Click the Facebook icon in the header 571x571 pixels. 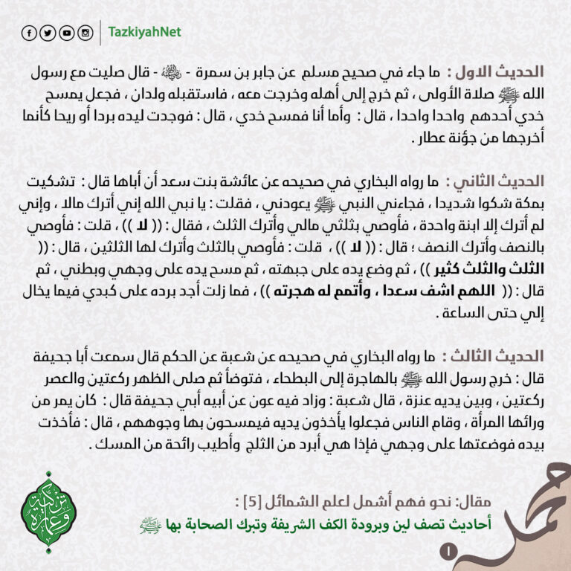coord(30,33)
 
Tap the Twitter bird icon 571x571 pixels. coord(48,33)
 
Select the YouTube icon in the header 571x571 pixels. coord(67,33)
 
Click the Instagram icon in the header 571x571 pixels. coord(86,33)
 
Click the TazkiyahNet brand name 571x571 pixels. coord(144,33)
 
